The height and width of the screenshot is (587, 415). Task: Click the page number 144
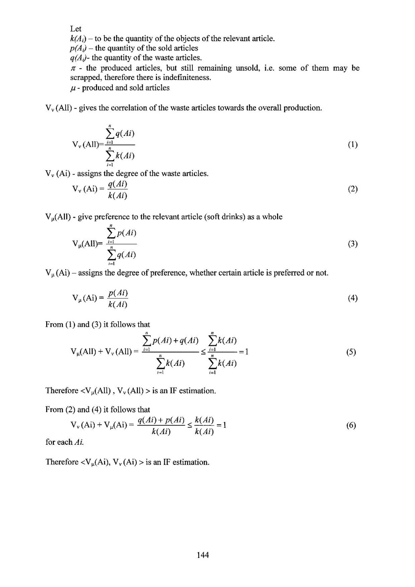click(x=203, y=555)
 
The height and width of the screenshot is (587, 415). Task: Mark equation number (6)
click(x=351, y=426)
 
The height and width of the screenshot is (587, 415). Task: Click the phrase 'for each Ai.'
click(x=63, y=442)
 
